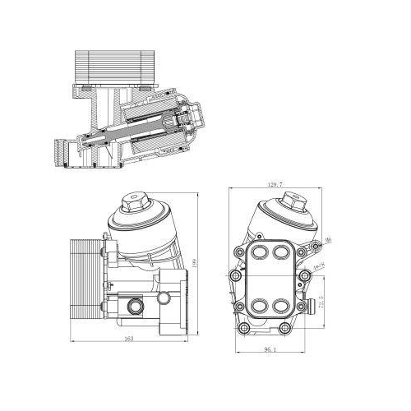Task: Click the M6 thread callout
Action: [x=328, y=240]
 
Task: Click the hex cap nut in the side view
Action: [x=132, y=202]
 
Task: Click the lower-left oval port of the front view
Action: [x=261, y=306]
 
